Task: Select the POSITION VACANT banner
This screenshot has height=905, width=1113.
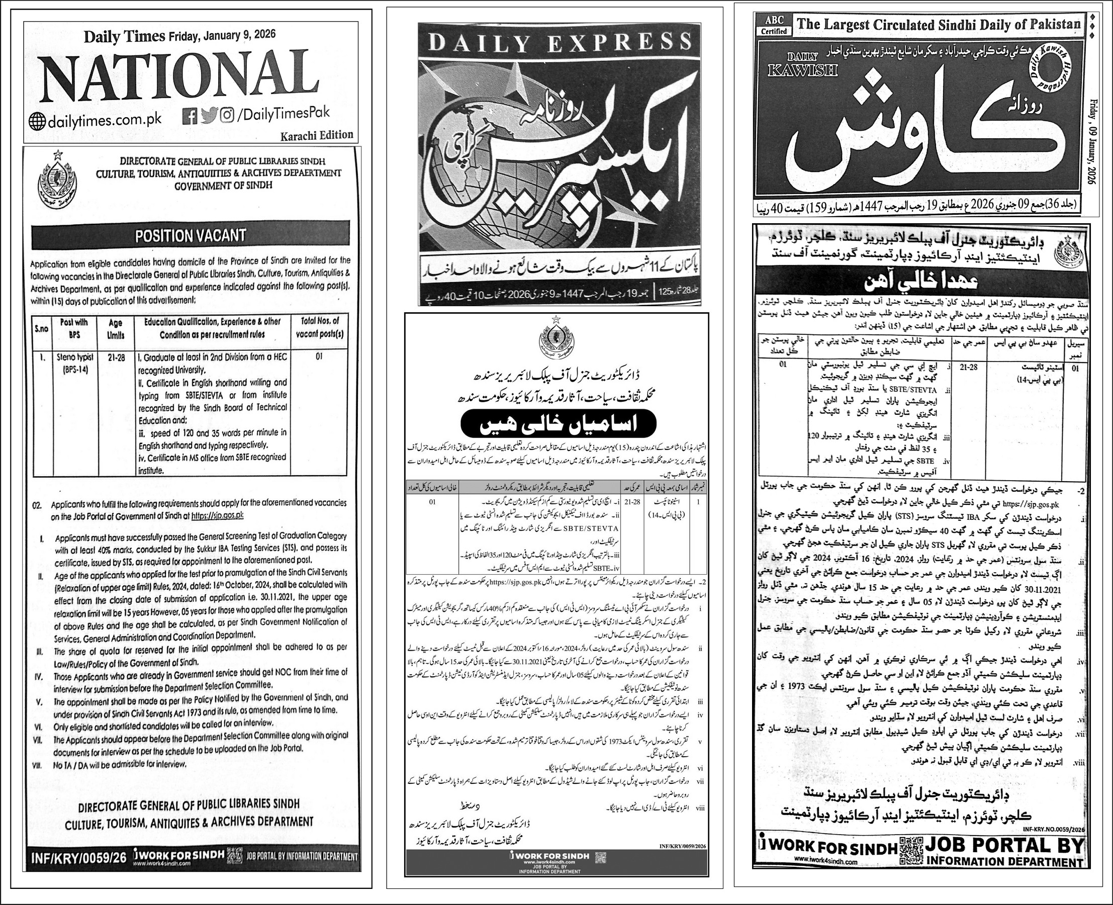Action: point(191,236)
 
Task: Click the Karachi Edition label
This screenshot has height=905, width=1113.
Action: point(317,135)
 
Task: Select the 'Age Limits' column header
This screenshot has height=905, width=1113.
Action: point(115,330)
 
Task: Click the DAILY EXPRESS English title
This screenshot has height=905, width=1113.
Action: point(560,41)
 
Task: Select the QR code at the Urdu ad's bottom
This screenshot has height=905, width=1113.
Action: point(601,857)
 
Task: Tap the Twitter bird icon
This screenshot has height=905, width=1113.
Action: point(209,115)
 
